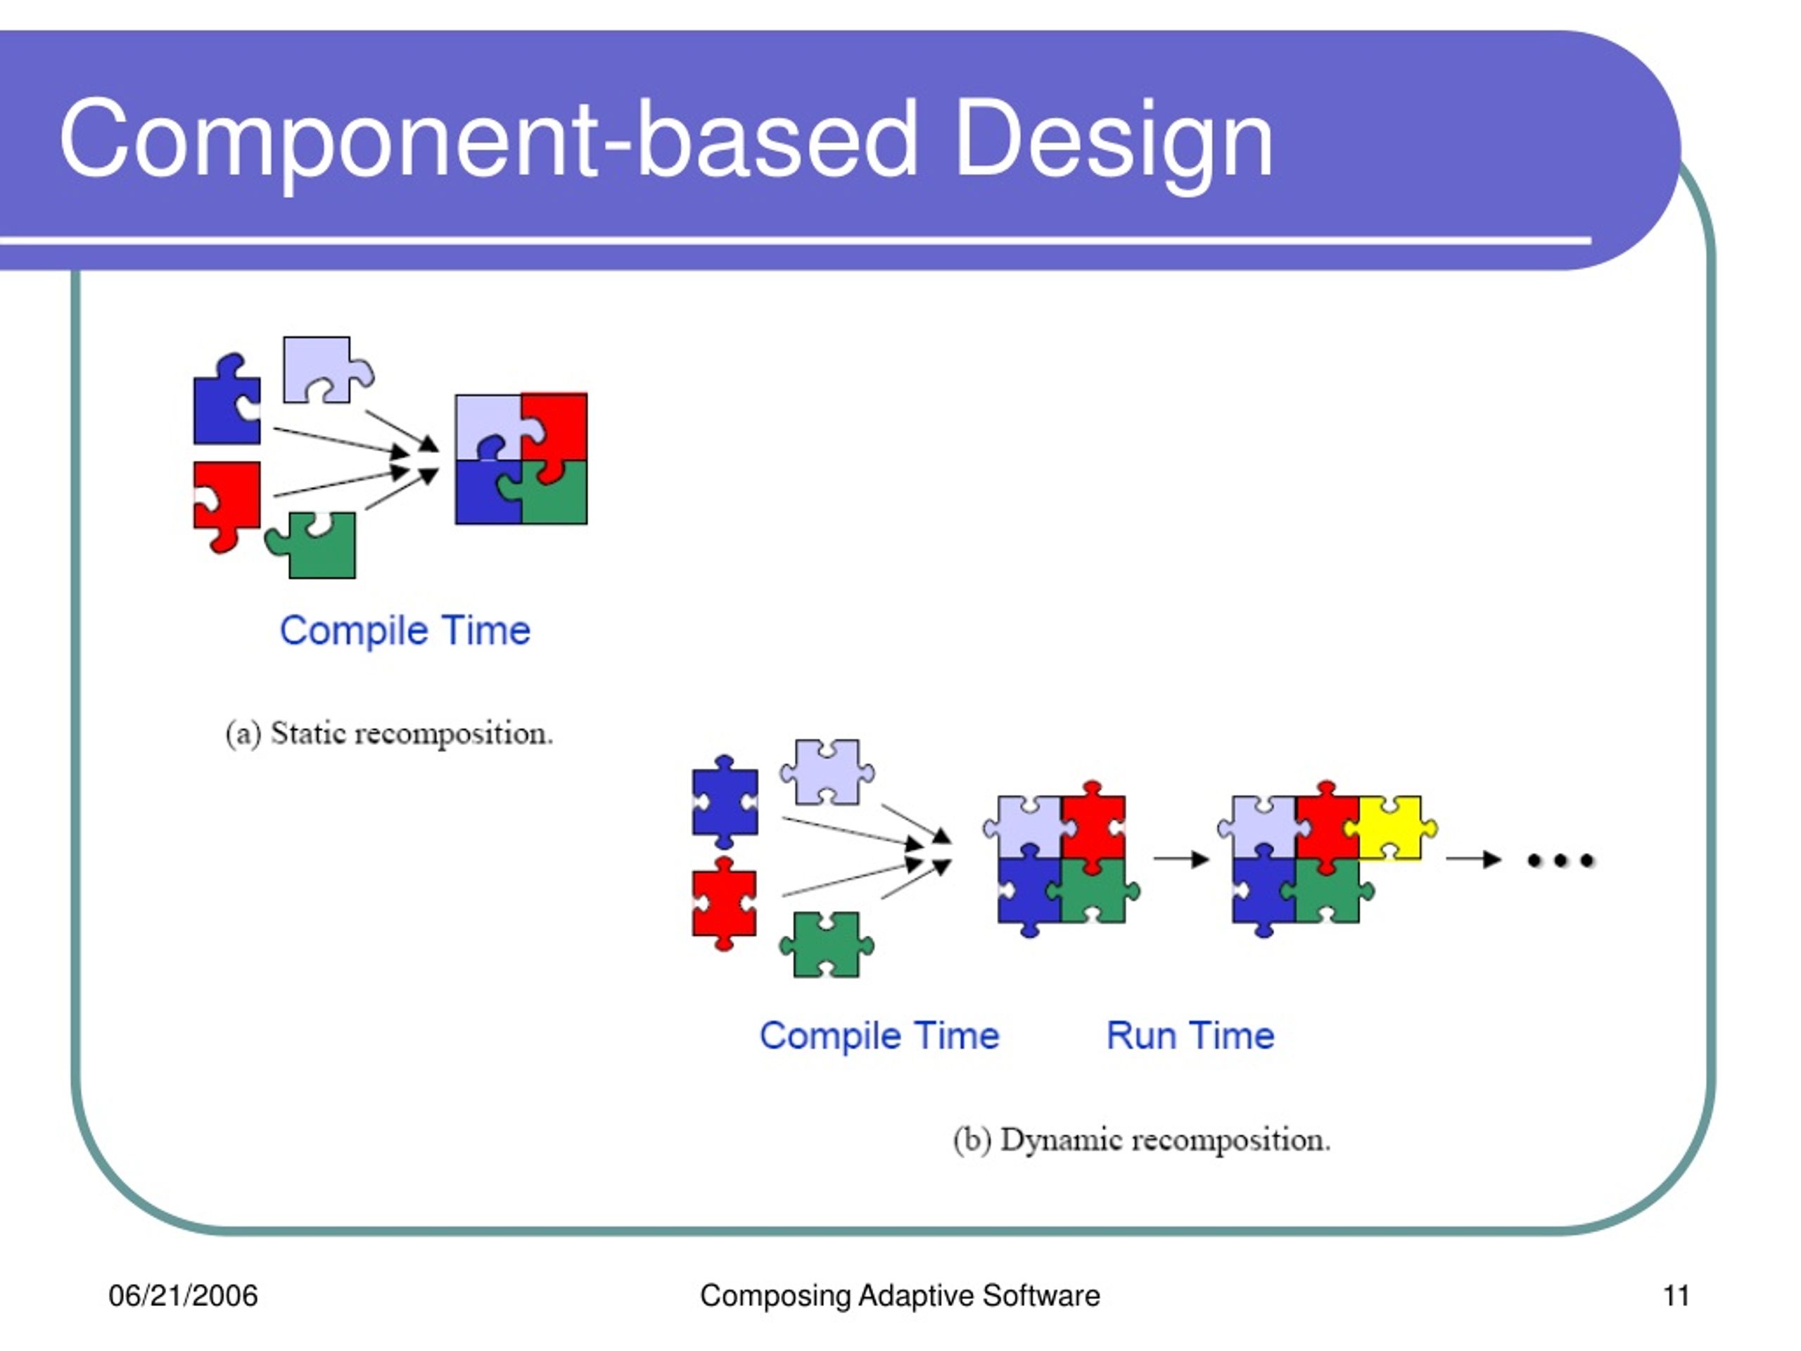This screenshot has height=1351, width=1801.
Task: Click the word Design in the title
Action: coord(1113,140)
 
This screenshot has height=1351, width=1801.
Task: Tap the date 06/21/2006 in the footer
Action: coord(183,1295)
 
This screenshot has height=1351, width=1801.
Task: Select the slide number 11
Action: coord(1676,1295)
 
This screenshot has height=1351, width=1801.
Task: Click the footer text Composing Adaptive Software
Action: coord(900,1296)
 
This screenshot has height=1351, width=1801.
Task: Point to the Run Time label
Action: coord(1190,1036)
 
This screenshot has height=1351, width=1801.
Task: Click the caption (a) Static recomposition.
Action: coord(389,733)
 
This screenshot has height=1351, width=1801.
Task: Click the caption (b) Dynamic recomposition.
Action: coord(1142,1139)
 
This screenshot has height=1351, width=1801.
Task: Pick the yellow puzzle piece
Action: coord(1391,828)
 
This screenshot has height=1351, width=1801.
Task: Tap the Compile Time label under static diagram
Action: coord(405,630)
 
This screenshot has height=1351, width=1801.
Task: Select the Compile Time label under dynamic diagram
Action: coord(879,1036)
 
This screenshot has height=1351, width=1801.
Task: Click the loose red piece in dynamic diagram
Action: coord(725,903)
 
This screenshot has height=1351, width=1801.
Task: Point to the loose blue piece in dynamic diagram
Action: coord(725,802)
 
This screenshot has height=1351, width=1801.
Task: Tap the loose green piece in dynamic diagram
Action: coord(827,944)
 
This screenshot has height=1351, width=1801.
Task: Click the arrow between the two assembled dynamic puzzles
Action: coord(1181,859)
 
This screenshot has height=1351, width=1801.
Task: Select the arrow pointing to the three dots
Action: coord(1474,859)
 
